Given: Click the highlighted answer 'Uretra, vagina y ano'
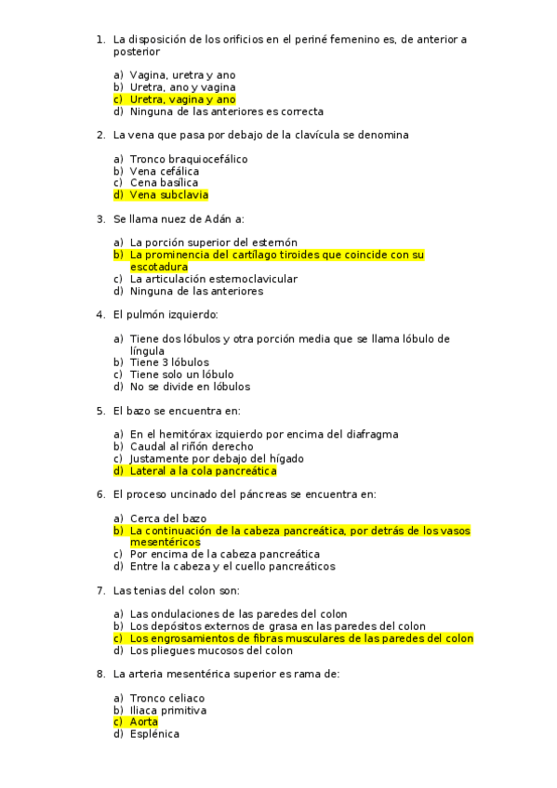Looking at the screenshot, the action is [182, 99].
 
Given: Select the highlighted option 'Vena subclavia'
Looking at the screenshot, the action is [169, 195].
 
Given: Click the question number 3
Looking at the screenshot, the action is [100, 219].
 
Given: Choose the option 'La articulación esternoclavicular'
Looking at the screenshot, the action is [214, 279].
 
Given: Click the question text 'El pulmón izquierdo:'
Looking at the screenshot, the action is [166, 315].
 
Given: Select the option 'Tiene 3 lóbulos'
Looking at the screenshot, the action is [169, 362].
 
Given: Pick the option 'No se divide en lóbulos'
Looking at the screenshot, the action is [190, 387].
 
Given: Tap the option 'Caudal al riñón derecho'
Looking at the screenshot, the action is [192, 446].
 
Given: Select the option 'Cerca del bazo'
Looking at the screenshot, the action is [168, 519].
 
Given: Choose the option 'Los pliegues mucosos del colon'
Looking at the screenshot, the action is [211, 650].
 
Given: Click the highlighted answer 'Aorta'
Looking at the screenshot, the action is [144, 722].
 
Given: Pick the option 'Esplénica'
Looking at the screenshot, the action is [154, 734].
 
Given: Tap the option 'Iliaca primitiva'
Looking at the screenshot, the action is [168, 710].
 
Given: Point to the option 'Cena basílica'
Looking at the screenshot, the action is [164, 183].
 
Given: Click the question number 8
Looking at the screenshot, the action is [100, 675].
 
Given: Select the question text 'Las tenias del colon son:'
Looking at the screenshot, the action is [177, 590].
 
